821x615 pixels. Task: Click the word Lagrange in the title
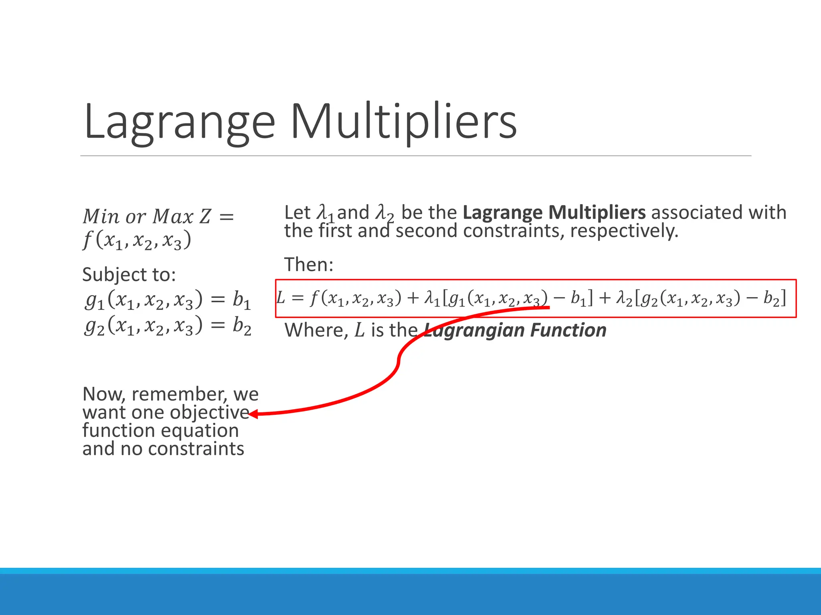click(x=179, y=122)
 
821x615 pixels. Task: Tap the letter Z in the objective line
click(x=205, y=217)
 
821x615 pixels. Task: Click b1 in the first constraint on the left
click(x=242, y=300)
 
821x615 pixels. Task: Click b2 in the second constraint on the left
click(x=242, y=326)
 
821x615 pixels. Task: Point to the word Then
click(x=309, y=264)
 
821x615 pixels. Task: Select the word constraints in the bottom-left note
click(x=196, y=449)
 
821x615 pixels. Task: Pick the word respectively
click(x=624, y=231)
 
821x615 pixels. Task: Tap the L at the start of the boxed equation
click(x=281, y=298)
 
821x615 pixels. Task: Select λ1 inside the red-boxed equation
click(x=432, y=299)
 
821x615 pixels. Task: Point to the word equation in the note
click(x=200, y=431)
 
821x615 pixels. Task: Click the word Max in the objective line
click(x=173, y=217)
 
